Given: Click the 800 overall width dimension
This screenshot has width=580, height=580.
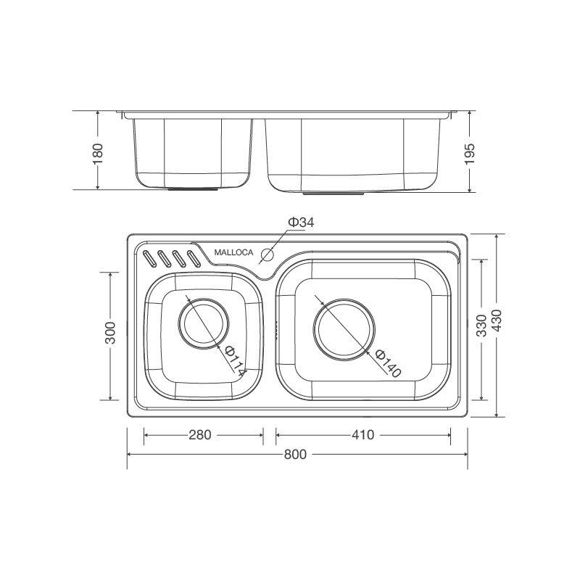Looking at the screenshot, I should (296, 455).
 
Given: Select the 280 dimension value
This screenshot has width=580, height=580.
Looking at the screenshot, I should (200, 435).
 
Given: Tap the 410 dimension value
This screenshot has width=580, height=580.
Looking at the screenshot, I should (362, 435).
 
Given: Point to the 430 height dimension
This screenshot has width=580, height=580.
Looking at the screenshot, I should (497, 326).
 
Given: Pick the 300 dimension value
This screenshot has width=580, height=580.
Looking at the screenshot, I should (110, 334).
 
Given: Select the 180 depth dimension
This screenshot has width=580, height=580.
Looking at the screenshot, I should (99, 153).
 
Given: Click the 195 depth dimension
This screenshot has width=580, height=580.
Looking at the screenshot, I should (470, 153).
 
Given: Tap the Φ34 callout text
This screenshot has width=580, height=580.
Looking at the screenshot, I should (301, 222).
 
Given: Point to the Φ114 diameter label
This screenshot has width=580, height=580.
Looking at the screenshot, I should (233, 360).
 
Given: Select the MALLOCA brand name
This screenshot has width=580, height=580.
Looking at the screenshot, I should (233, 253).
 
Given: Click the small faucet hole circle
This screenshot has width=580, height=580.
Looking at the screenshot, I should (267, 254).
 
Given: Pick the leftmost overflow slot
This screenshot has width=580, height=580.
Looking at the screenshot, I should (150, 259).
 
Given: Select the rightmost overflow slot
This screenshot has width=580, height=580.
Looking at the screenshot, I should (193, 258).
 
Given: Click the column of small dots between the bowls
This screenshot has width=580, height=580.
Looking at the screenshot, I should (276, 326).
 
